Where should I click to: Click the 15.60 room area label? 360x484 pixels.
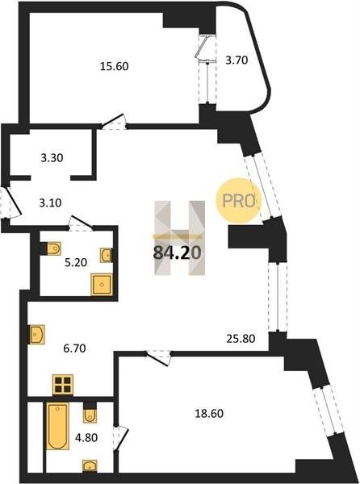[x=115, y=66]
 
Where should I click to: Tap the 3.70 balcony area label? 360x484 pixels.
[x=237, y=60]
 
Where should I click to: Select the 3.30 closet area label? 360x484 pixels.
[x=52, y=158]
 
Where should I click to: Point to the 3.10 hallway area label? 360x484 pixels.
[x=50, y=202]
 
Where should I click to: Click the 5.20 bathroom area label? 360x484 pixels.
[x=76, y=262]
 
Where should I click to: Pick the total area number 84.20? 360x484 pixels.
[x=178, y=252]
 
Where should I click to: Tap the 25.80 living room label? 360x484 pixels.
[x=241, y=339]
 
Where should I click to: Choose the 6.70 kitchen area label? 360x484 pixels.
[x=74, y=348]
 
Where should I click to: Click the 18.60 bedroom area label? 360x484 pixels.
[x=209, y=413]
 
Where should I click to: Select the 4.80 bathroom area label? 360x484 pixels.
[x=86, y=437]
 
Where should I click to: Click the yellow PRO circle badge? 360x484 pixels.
[x=238, y=201]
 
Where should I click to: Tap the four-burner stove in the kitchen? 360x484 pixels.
[x=63, y=385]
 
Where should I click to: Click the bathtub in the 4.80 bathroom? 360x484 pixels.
[x=58, y=426]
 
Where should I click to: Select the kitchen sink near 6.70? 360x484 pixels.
[x=37, y=334]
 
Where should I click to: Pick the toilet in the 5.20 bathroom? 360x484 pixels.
[x=54, y=248]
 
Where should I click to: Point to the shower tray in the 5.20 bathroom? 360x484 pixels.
[x=102, y=284]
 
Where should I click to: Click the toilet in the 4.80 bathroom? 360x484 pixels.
[x=90, y=415]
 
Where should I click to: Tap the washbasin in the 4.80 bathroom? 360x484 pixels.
[x=90, y=465]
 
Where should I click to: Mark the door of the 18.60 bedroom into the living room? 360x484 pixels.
[x=158, y=357]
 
